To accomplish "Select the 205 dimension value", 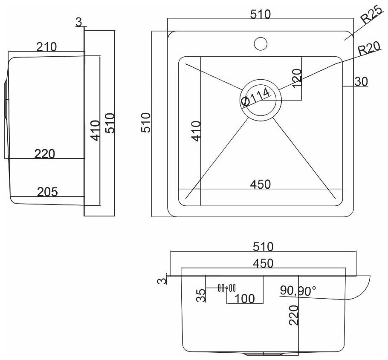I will tap(47, 192).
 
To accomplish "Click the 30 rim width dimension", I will tap(361, 81).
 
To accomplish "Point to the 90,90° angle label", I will tap(298, 291).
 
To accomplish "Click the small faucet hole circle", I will tap(260, 43).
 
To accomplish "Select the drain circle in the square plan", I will tap(260, 100).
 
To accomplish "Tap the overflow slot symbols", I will tap(226, 288).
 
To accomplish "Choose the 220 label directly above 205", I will tap(45, 153).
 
